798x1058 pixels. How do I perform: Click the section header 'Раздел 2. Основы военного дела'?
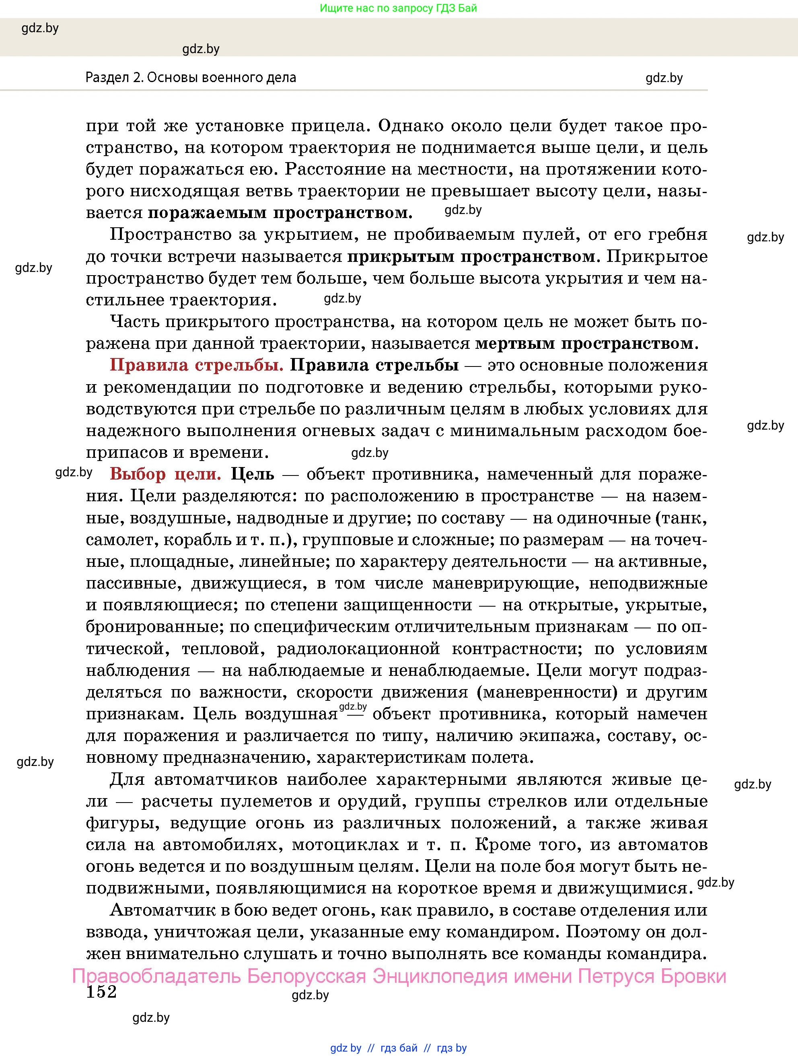click(191, 78)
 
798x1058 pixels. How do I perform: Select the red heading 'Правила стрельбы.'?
click(197, 365)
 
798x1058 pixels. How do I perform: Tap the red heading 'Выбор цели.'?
click(165, 474)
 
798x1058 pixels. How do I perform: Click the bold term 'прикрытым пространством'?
click(471, 257)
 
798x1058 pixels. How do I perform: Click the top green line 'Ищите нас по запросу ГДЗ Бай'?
click(398, 8)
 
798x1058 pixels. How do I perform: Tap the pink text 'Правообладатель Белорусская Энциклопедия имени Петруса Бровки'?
click(399, 976)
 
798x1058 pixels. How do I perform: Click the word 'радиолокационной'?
click(358, 649)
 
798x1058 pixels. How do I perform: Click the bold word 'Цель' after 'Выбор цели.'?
click(253, 474)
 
